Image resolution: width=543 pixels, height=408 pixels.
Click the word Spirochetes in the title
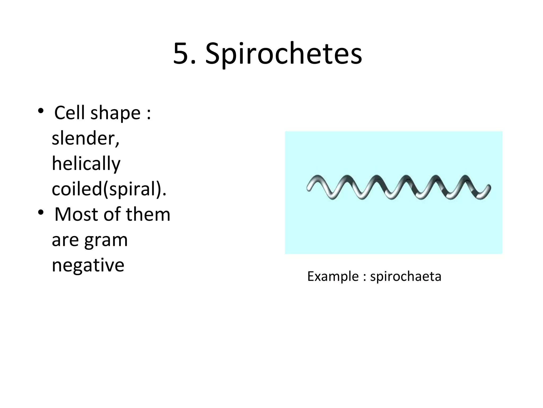coord(283,54)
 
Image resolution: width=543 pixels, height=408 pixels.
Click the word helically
coord(86,164)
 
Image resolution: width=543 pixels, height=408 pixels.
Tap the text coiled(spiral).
coord(109,189)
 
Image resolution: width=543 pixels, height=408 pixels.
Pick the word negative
coord(88,265)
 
